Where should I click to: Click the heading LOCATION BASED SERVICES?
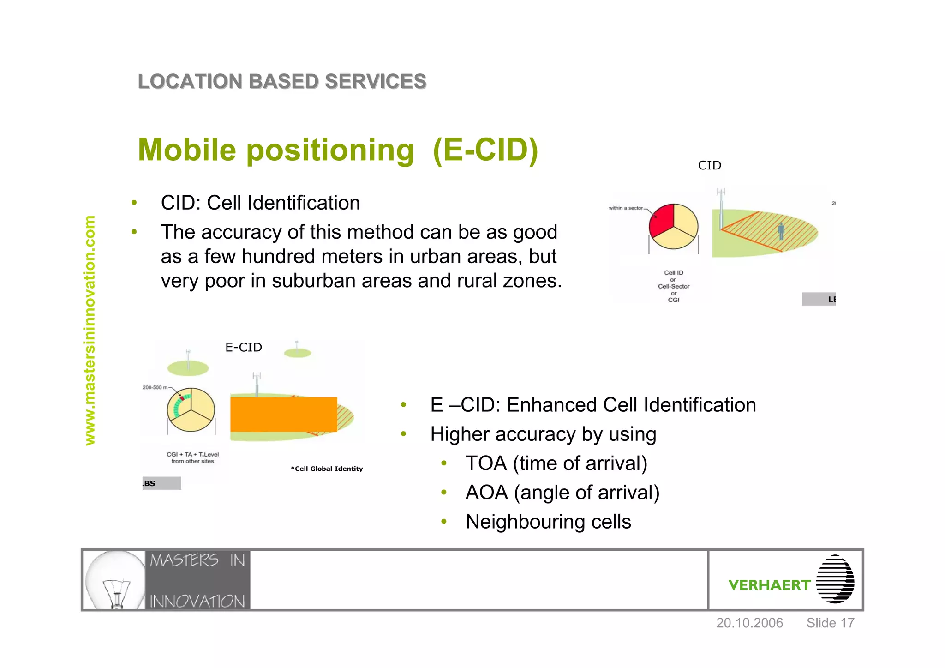[282, 82]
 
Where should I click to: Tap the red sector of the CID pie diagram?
[660, 220]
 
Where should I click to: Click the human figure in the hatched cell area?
[781, 231]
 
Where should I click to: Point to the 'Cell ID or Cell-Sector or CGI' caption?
[673, 286]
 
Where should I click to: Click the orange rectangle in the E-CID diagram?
[283, 414]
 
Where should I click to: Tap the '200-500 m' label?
[155, 387]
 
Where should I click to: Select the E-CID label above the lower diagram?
[243, 347]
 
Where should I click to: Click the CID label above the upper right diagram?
[709, 165]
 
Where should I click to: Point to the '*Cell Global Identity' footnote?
[327, 469]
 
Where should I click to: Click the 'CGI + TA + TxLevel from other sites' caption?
[192, 457]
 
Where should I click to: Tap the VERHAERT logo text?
[769, 585]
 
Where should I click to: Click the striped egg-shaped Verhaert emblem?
[835, 579]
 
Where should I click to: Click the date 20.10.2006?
[749, 623]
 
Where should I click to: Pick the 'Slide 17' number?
[830, 623]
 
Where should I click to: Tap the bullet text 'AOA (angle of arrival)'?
[562, 493]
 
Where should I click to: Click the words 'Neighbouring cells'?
[548, 522]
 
